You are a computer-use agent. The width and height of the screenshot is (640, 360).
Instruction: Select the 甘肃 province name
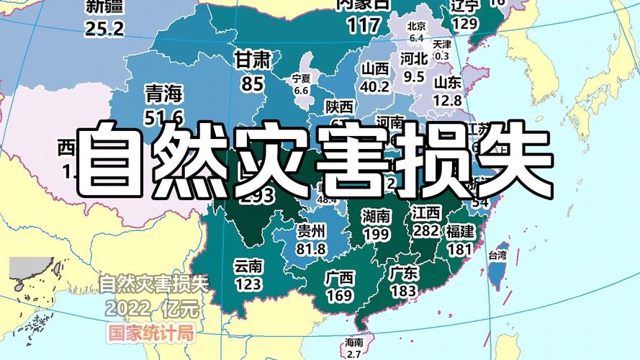[x=253, y=60]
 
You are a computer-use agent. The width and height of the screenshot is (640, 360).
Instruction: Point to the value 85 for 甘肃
[x=253, y=84]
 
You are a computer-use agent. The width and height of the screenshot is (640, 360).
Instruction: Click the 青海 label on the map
[x=164, y=94]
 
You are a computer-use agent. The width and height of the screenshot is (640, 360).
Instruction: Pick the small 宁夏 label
[x=301, y=78]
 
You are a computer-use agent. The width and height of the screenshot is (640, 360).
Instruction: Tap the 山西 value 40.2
[x=375, y=86]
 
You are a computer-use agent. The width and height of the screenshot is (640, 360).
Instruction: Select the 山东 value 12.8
[x=448, y=101]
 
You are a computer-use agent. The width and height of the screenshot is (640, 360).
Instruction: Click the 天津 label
[x=442, y=44]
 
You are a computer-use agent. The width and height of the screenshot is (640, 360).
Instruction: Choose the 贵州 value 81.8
[x=312, y=249]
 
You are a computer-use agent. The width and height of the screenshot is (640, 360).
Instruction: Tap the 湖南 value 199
[x=377, y=234]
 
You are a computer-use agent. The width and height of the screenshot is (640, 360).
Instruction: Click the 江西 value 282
[x=426, y=230]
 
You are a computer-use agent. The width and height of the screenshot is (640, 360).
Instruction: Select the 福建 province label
[x=459, y=232]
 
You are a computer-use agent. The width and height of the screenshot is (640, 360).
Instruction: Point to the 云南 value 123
[x=248, y=284]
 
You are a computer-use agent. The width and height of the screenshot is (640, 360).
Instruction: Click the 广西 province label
[x=339, y=277]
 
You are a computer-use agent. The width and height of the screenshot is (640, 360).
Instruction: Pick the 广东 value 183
[x=403, y=290]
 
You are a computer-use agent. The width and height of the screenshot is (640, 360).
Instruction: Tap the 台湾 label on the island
[x=497, y=256]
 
